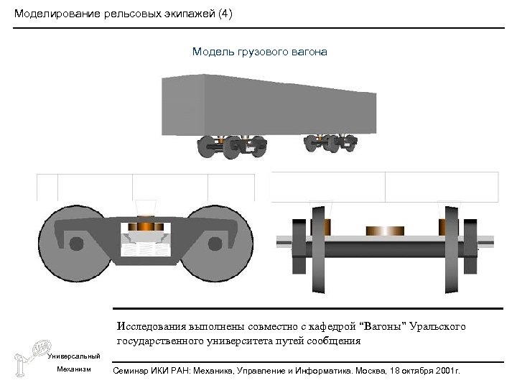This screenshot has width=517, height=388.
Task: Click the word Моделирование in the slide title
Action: [x=51, y=14]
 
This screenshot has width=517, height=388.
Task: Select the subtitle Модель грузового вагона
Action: [x=259, y=52]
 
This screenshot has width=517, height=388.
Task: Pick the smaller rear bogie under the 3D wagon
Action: [x=330, y=142]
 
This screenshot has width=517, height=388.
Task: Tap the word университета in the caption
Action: [x=220, y=341]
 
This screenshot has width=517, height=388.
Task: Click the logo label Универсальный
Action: [x=69, y=356]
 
